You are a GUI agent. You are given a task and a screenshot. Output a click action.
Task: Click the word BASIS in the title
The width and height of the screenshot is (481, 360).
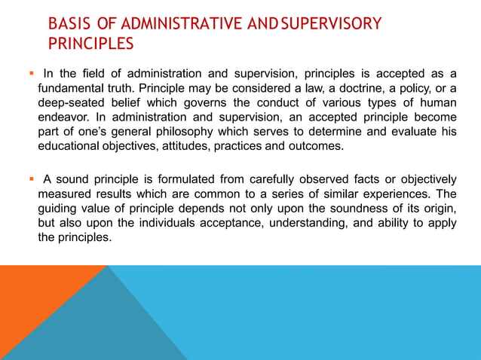(66, 24)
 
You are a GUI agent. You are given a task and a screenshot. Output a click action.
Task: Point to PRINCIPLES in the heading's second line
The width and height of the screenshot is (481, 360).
(91, 44)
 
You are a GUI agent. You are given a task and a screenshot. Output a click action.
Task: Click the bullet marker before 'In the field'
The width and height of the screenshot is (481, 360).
(31, 73)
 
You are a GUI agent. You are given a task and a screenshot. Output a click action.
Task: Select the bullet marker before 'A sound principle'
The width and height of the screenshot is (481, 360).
(31, 178)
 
